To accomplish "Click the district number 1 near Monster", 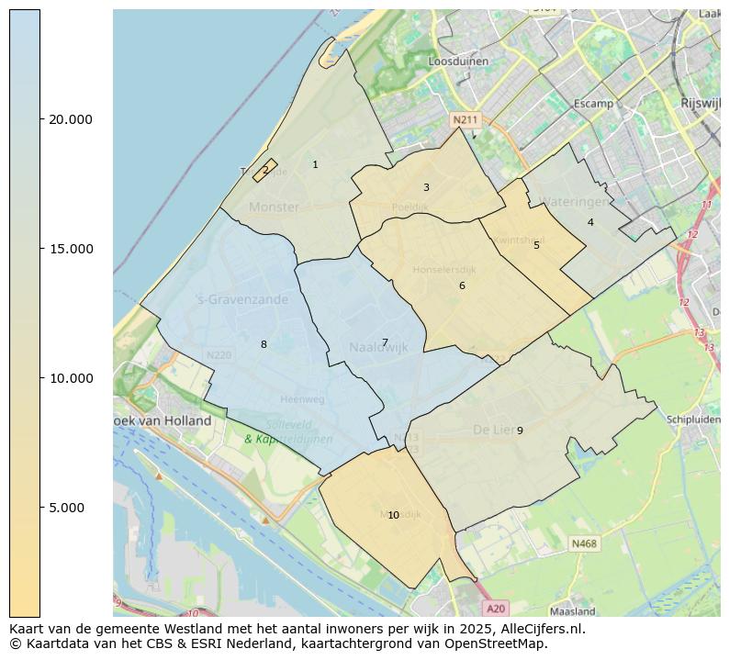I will click(x=315, y=165).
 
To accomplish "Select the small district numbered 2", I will click(x=265, y=170).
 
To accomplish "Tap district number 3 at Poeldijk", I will click(x=426, y=187).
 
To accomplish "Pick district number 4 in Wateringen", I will click(x=590, y=222).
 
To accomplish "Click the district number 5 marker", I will click(x=536, y=245).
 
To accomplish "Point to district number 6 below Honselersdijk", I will click(x=462, y=285).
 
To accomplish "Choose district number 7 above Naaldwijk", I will click(x=385, y=342).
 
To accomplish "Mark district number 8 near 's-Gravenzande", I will click(x=264, y=344).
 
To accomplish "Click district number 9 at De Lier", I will click(x=520, y=431).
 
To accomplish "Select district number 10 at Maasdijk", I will click(x=393, y=515).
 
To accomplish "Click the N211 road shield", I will click(x=465, y=119).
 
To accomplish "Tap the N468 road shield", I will click(x=584, y=543).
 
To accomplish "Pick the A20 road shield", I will click(x=496, y=608).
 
